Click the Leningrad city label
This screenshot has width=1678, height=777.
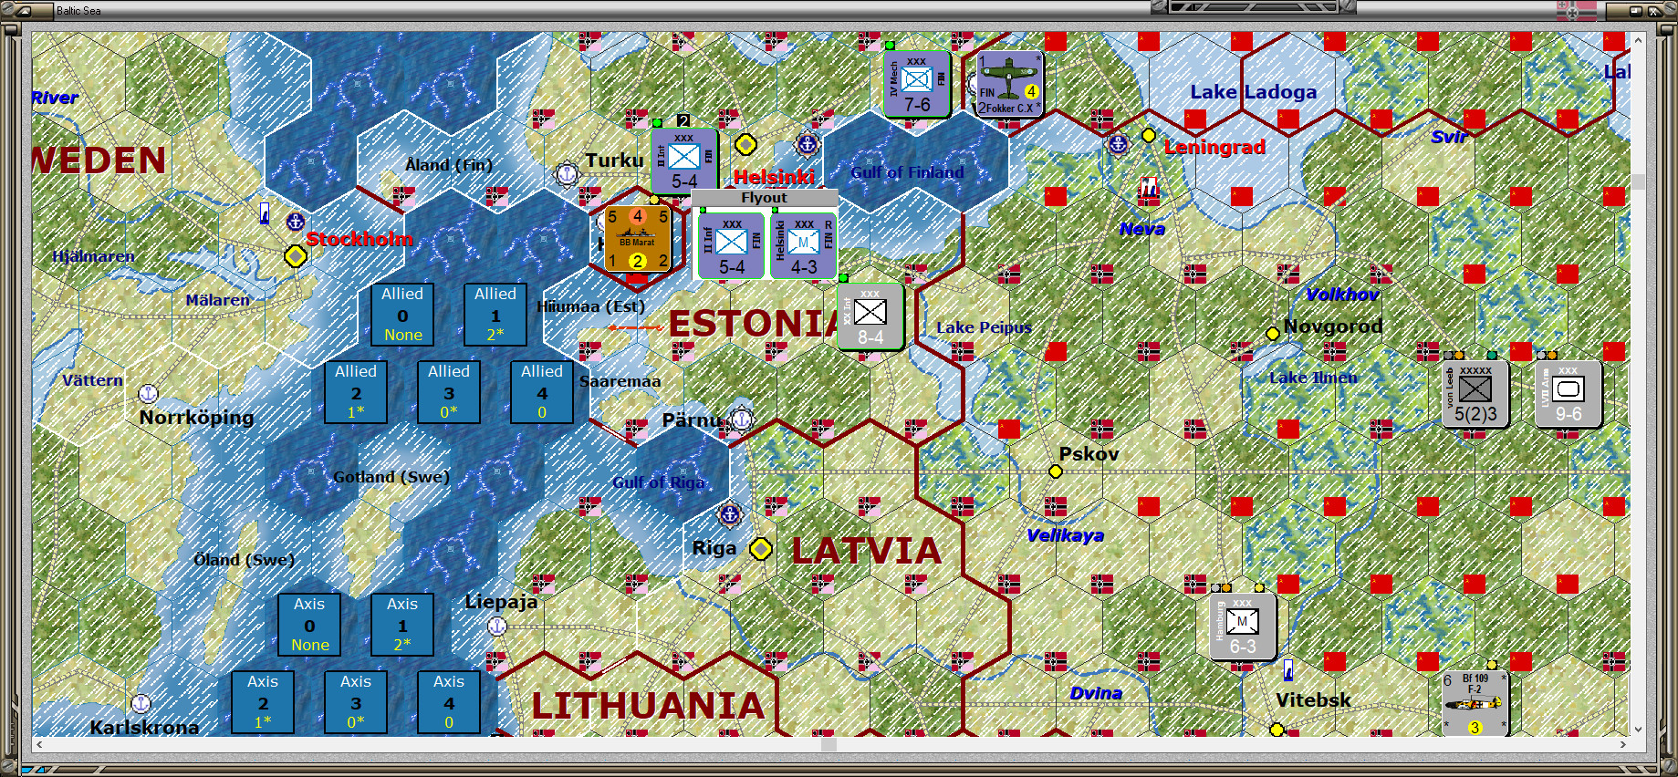(1214, 147)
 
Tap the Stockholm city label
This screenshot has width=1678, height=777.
(359, 239)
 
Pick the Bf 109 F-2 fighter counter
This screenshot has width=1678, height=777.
(1475, 703)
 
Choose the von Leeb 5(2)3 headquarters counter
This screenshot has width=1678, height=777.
(1475, 394)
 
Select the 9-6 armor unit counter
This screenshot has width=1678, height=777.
(1568, 394)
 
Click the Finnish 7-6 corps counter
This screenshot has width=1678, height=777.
(916, 84)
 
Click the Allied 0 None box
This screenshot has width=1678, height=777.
(402, 315)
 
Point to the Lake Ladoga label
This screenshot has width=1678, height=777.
(1253, 92)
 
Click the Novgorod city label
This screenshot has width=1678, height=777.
(1332, 326)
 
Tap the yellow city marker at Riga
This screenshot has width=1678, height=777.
(761, 549)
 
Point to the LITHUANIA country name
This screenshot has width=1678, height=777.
(648, 706)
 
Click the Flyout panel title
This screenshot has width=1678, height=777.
(764, 198)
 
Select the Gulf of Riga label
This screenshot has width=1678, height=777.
(658, 482)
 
